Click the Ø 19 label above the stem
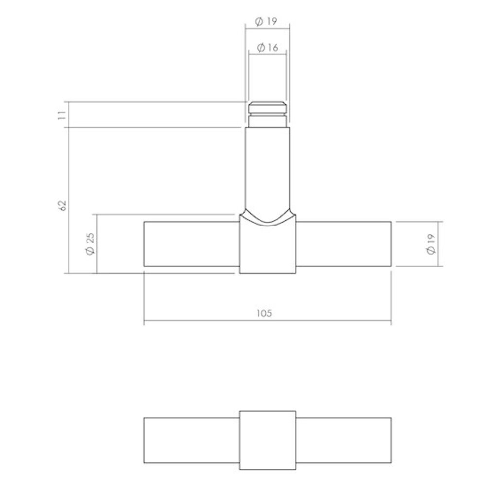(x=267, y=21)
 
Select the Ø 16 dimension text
(x=267, y=47)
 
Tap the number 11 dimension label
(x=61, y=115)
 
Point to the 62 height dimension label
(x=61, y=205)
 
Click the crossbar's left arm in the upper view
(x=191, y=243)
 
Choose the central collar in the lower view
(x=267, y=440)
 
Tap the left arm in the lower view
(x=191, y=440)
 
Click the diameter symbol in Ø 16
(x=259, y=47)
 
